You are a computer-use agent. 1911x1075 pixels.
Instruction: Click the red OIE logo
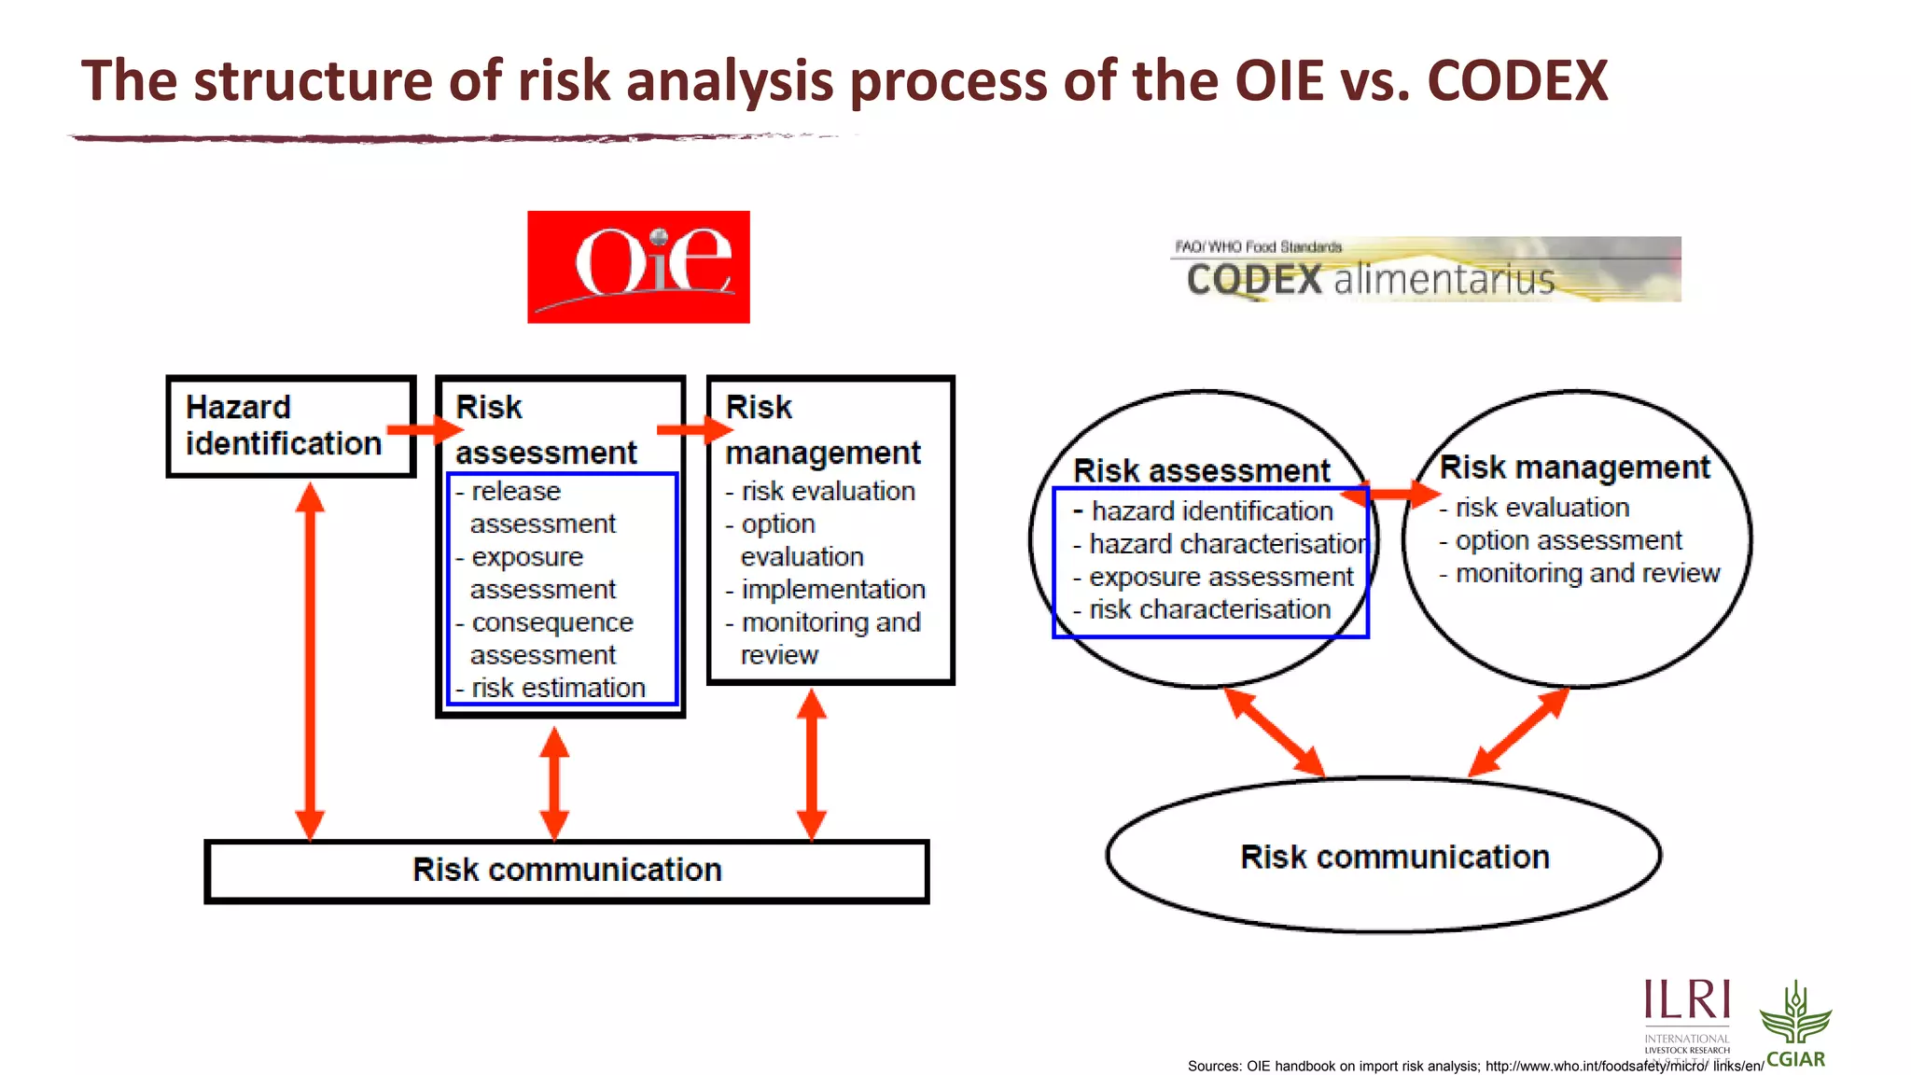click(638, 267)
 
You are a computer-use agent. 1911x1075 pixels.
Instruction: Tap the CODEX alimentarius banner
click(1426, 270)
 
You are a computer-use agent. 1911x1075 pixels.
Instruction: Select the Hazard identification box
click(290, 426)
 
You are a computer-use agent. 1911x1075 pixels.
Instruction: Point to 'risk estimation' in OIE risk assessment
click(558, 688)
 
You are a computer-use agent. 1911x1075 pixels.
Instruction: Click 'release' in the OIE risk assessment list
click(516, 491)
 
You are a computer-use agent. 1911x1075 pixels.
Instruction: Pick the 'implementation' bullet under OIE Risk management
click(832, 590)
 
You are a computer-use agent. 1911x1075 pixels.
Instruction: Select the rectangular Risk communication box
click(566, 871)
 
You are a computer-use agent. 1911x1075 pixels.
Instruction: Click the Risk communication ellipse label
click(1394, 857)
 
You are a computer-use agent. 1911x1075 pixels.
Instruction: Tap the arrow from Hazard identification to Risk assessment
click(425, 429)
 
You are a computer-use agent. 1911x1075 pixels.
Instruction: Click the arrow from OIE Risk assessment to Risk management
click(695, 429)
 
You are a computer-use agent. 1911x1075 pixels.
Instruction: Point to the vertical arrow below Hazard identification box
click(310, 661)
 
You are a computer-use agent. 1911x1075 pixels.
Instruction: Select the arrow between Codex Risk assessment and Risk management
click(1392, 494)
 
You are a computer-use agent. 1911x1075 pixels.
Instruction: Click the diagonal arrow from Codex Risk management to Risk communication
click(1518, 733)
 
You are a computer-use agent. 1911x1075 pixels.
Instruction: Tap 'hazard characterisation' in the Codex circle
click(1227, 544)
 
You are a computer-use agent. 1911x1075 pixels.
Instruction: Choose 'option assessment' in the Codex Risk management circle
click(1568, 540)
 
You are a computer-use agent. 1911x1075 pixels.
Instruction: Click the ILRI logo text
click(1687, 1000)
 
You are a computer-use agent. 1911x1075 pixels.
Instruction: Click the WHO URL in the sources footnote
click(1624, 1066)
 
